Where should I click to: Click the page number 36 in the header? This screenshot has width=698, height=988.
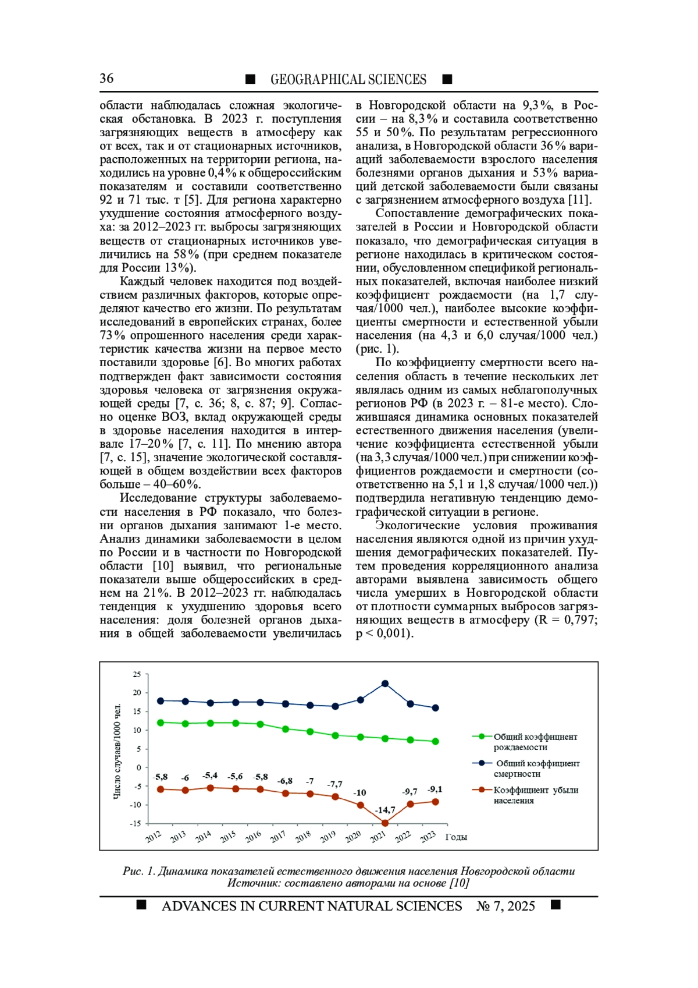(106, 79)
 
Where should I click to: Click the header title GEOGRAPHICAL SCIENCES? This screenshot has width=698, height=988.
(348, 79)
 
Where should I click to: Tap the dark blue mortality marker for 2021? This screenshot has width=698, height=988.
(385, 684)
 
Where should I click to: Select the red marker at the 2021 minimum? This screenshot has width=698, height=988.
(385, 823)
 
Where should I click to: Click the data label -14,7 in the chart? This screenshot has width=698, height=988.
(384, 810)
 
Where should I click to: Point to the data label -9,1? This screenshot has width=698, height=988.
(435, 789)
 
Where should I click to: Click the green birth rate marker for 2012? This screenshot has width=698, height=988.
(161, 723)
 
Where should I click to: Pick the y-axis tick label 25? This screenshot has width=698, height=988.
(137, 674)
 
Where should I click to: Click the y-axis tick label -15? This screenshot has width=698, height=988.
(136, 823)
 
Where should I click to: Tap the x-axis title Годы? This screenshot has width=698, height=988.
(456, 837)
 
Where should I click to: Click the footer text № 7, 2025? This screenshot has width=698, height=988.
(505, 906)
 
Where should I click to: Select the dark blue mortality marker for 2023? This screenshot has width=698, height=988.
(435, 708)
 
